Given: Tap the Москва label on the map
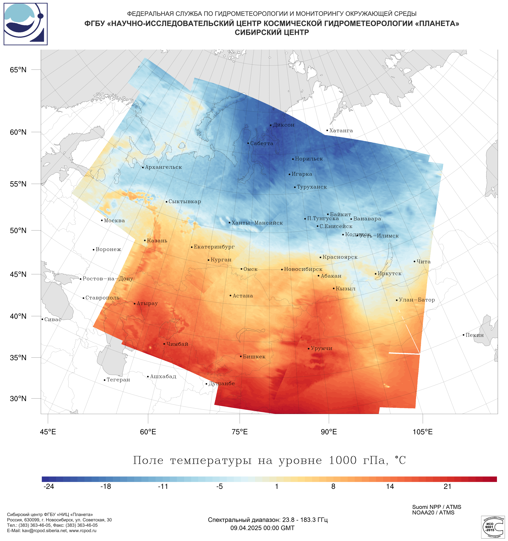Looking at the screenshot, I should click(x=114, y=220).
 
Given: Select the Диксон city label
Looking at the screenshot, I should click(x=284, y=125).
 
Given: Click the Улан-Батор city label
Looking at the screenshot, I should click(x=417, y=300).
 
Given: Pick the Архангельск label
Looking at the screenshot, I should click(x=163, y=167).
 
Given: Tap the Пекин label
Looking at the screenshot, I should click(x=475, y=335).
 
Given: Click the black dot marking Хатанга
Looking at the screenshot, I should click(x=327, y=130).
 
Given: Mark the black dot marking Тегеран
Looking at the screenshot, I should click(x=104, y=380).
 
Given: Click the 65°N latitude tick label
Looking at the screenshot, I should click(x=18, y=70).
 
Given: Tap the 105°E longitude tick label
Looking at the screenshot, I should click(x=423, y=432).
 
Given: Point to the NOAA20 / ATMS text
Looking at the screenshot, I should click(x=433, y=513).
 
